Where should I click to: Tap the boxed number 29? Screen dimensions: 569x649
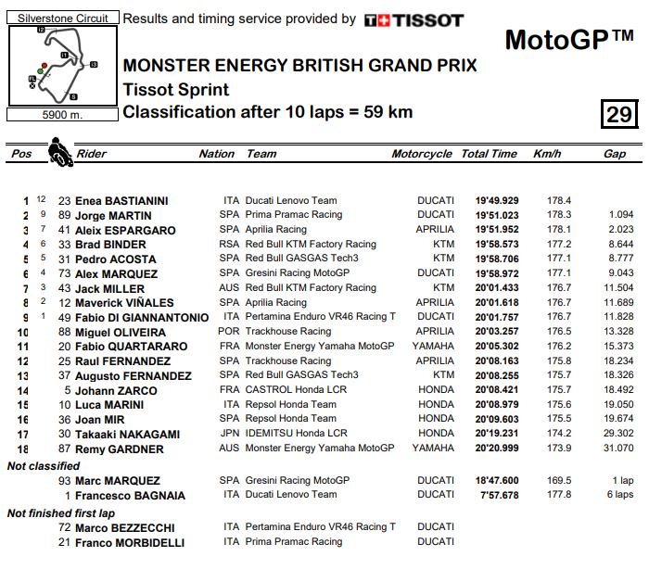pos(618,114)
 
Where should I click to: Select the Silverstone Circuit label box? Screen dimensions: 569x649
pos(62,18)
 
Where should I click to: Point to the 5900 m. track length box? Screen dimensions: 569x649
pos(62,115)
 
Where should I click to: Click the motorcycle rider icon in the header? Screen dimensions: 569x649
pos(60,152)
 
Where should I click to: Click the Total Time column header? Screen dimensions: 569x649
pos(489,154)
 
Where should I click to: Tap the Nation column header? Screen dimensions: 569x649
pos(217,154)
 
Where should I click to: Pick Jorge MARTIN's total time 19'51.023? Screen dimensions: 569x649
pos(497,215)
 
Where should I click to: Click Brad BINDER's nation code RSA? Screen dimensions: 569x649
pos(229,245)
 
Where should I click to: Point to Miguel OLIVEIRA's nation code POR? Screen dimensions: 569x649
pos(229,332)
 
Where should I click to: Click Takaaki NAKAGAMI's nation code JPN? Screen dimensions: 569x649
pos(229,434)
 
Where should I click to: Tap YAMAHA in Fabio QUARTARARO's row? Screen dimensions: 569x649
pos(434,347)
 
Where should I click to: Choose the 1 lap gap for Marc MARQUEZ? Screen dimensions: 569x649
pos(622,481)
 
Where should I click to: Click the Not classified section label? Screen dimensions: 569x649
pos(45,465)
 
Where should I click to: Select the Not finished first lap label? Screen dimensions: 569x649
pos(60,512)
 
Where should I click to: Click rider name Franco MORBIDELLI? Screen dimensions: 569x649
pos(131,542)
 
